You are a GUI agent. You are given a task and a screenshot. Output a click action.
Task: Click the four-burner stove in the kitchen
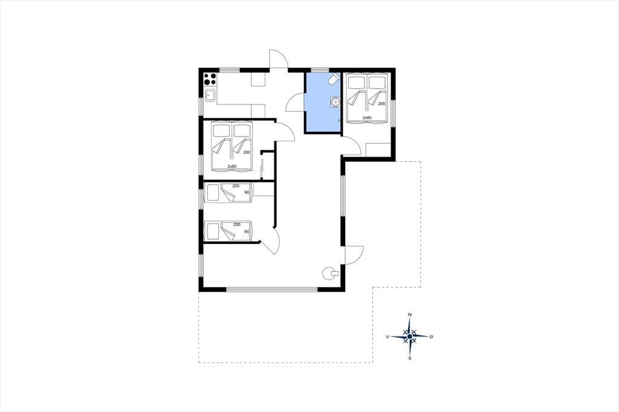pos(210,79)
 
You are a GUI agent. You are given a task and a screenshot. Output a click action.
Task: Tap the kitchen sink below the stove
pos(210,95)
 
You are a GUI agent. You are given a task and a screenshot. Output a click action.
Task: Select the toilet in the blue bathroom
pos(334,79)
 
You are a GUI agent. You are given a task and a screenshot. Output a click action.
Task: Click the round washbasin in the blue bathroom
pos(335,102)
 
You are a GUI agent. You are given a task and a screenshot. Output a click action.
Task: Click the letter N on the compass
pos(410,315)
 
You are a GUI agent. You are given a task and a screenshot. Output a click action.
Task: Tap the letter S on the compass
pos(410,358)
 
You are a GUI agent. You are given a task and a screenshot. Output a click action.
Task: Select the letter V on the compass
pos(388,336)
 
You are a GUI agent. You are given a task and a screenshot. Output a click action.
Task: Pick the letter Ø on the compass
pos(432,336)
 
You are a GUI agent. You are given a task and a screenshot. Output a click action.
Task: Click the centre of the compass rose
pos(410,336)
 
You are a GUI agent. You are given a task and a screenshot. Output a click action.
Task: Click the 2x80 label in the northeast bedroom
pos(367,118)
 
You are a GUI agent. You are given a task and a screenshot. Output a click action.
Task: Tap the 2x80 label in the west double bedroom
pos(232,166)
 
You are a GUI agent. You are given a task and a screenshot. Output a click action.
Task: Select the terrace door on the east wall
pos(354,255)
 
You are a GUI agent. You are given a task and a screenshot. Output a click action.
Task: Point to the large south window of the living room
pos(271,289)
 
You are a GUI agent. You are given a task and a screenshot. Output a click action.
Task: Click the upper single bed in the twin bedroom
pos(227,193)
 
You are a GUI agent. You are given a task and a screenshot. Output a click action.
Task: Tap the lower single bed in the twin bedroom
pos(227,231)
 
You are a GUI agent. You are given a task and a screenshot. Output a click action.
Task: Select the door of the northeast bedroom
pos(351,144)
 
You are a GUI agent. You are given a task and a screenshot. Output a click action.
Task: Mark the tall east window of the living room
pos(343,196)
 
